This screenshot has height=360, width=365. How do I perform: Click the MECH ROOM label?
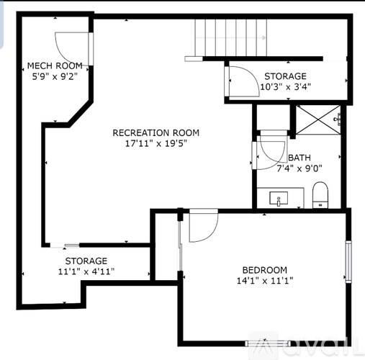pos(55,67)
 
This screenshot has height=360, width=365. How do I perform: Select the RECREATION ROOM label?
pos(156,132)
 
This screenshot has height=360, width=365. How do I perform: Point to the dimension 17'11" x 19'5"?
pos(156,143)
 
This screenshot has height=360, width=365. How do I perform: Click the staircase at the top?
pos(232,36)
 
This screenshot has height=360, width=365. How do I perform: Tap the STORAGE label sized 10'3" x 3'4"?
pos(284,76)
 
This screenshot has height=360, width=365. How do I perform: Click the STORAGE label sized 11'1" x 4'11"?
pos(86,261)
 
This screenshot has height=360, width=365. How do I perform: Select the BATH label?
pos(299,158)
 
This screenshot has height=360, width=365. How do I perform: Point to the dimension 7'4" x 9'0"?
pos(299,169)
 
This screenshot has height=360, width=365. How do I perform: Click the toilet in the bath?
pos(320,194)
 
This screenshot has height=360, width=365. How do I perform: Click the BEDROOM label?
pos(264,270)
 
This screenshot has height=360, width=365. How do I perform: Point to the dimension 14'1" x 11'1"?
pos(264,281)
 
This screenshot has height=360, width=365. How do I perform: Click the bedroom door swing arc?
pos(202,228)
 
